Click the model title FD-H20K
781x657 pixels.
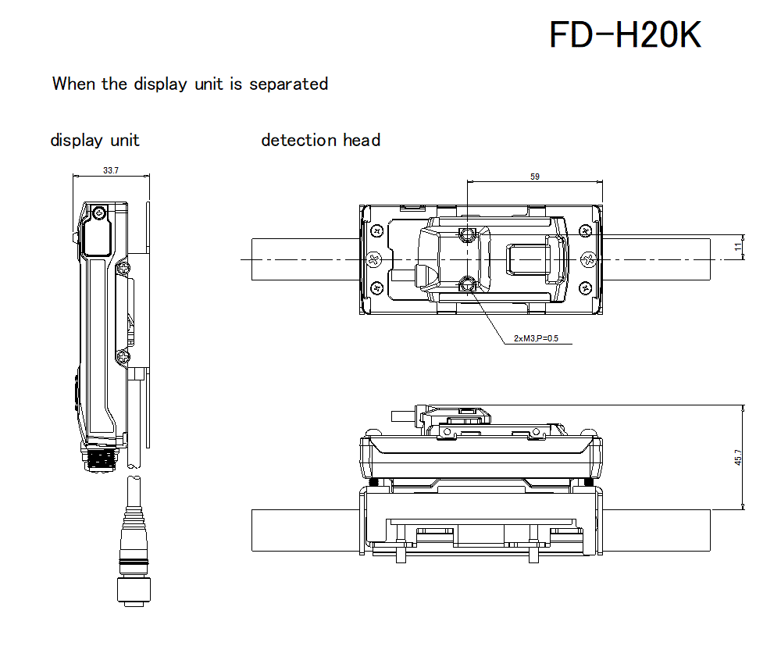click(625, 35)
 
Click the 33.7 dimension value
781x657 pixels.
click(111, 170)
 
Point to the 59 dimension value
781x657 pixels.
click(535, 177)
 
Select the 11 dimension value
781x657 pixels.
click(737, 246)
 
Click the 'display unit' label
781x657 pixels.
click(95, 141)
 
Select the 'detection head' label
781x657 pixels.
click(320, 141)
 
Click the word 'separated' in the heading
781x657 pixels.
click(288, 84)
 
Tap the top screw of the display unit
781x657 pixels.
click(98, 212)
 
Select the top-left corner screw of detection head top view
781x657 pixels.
click(377, 231)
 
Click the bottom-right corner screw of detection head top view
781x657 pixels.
click(585, 287)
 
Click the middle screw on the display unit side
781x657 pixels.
click(122, 269)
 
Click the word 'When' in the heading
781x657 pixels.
click(74, 84)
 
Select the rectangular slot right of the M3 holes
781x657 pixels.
click(535, 259)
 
